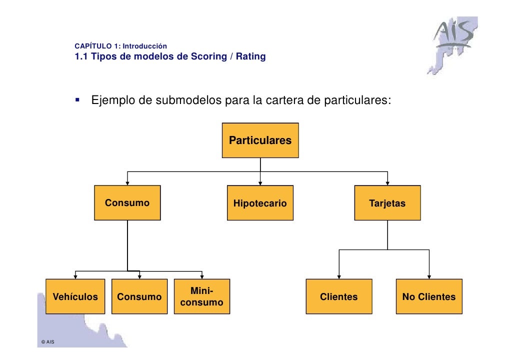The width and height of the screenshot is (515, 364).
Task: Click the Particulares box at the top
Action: point(260,140)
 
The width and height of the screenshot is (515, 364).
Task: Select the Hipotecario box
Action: point(260,202)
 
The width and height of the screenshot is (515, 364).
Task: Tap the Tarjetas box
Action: point(387,202)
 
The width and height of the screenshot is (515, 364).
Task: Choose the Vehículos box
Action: point(75,296)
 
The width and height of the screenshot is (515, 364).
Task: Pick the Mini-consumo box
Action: point(202,296)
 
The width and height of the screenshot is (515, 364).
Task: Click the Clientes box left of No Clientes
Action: point(339,296)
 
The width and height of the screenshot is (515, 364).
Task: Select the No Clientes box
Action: point(429,296)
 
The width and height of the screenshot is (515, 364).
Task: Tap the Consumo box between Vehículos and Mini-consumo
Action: point(139,296)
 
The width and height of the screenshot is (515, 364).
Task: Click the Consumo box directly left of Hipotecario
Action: point(127,202)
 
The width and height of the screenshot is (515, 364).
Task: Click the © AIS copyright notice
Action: point(48,341)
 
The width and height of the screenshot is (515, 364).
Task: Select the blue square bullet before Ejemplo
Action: point(77,99)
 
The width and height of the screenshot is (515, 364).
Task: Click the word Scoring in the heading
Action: point(209,56)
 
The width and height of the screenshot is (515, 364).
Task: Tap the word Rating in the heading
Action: point(251,56)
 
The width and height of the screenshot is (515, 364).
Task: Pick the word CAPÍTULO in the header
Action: point(93,46)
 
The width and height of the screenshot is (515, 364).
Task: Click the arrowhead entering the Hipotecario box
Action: point(260,183)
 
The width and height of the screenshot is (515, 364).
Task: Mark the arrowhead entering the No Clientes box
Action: point(429,277)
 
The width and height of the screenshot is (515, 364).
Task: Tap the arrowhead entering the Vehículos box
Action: point(75,277)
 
